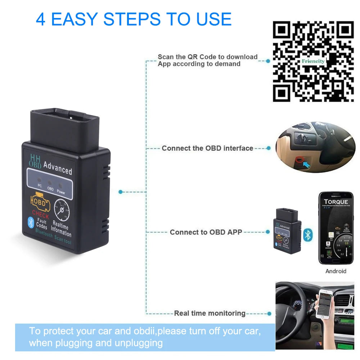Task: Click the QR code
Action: pyautogui.click(x=313, y=61)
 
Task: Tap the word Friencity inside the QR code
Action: pyautogui.click(x=313, y=61)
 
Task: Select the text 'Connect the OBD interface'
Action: pyautogui.click(x=207, y=148)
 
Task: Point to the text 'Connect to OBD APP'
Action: pyautogui.click(x=206, y=232)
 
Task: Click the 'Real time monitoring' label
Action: pyautogui.click(x=210, y=314)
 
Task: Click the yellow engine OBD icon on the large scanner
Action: pyautogui.click(x=40, y=202)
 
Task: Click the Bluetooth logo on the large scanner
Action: pyautogui.click(x=31, y=222)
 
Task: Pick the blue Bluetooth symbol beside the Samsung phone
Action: pyautogui.click(x=308, y=234)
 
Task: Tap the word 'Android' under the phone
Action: pyautogui.click(x=336, y=271)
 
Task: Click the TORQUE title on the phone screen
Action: pyautogui.click(x=336, y=202)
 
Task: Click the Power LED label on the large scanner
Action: pyautogui.click(x=61, y=192)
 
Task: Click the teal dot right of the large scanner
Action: pyautogui.click(x=121, y=192)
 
